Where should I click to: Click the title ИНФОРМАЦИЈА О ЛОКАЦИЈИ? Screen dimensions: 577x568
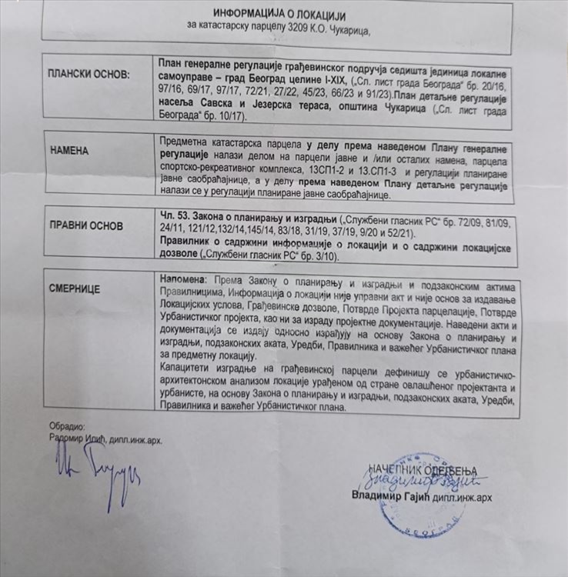point(279,15)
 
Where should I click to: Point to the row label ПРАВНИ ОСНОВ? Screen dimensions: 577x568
point(87,227)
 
